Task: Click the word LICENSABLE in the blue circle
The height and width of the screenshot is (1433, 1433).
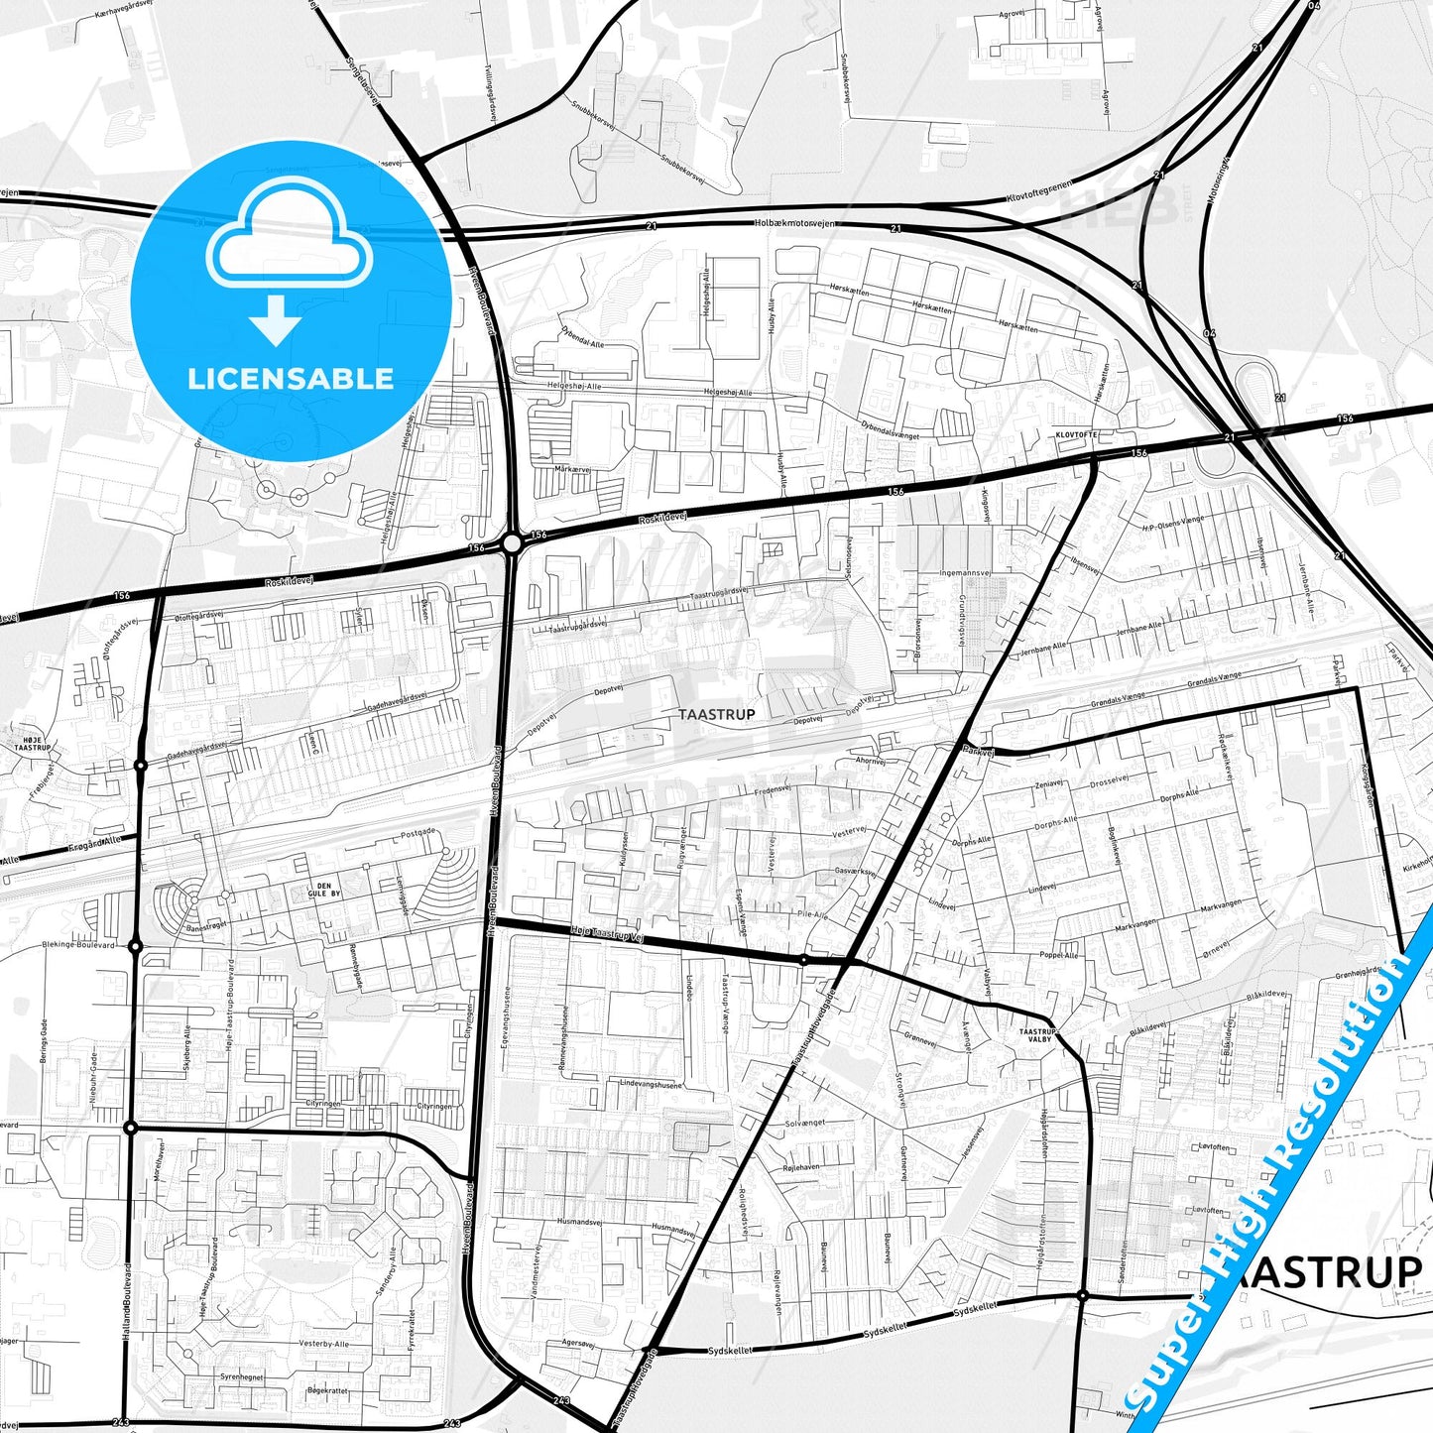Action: pos(291,378)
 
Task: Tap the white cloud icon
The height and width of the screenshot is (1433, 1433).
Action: pos(290,234)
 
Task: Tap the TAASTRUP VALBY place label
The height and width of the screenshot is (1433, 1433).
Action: pos(1038,1035)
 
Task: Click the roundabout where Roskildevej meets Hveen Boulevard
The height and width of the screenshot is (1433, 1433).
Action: pos(512,542)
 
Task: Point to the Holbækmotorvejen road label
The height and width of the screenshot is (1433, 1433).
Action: pos(794,223)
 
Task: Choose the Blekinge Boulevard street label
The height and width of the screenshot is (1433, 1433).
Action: pos(79,945)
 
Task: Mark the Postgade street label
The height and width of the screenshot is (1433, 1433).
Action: pos(418,833)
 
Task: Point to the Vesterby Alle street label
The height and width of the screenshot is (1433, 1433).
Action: pos(324,1344)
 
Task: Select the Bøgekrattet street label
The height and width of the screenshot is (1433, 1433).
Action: pos(327,1390)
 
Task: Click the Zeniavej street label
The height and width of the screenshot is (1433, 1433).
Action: pos(1048,783)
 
